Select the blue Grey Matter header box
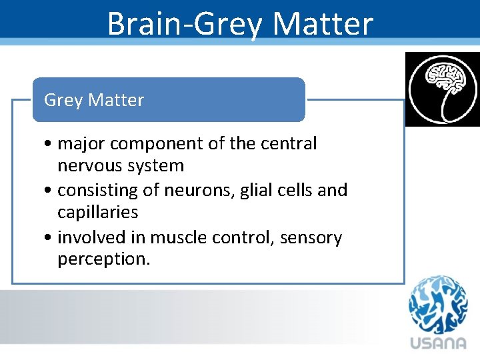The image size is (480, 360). click(169, 100)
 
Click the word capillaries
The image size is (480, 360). click(97, 213)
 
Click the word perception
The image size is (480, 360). click(103, 259)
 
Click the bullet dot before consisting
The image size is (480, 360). click(49, 191)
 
